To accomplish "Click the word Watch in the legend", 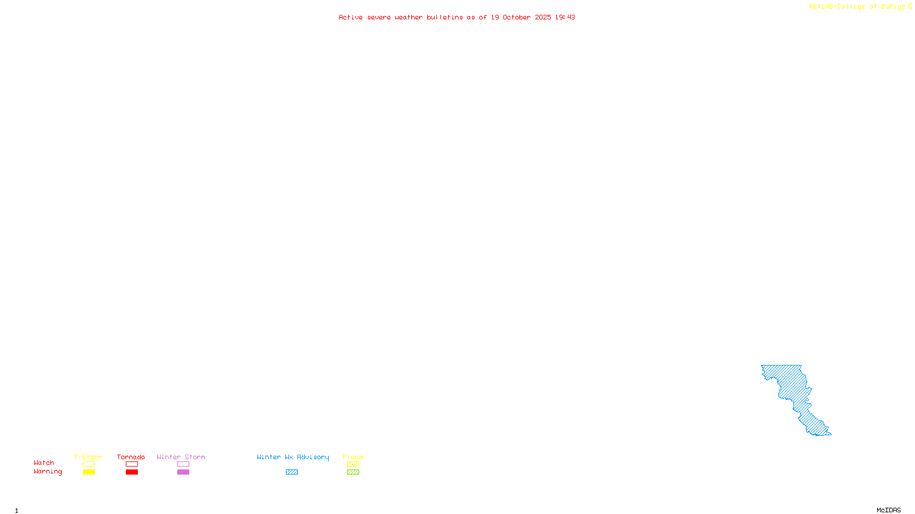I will [44, 463].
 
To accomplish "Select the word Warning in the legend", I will [47, 472].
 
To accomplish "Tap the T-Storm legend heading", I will [88, 457].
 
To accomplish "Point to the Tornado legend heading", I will [131, 457].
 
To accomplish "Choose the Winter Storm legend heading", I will [181, 457].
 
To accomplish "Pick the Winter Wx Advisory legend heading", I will [293, 457].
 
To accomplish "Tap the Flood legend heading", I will [353, 457].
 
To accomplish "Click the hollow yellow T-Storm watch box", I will [89, 464].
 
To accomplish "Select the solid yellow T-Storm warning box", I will [89, 472].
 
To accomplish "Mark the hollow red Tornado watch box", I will [132, 464].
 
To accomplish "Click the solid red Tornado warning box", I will [132, 472].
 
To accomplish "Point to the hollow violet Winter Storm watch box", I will [183, 464].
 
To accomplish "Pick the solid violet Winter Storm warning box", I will [183, 472].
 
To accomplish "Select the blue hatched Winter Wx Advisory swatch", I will [292, 472].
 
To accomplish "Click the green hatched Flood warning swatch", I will [353, 472].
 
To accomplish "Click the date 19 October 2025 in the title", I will [521, 17].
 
